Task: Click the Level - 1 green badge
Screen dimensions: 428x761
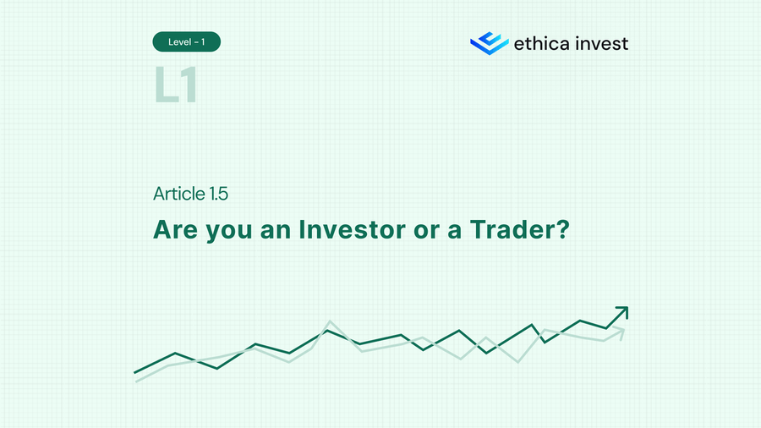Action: pyautogui.click(x=186, y=41)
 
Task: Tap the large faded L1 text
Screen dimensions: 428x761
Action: pyautogui.click(x=176, y=85)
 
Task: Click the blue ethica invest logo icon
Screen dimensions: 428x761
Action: pyautogui.click(x=489, y=42)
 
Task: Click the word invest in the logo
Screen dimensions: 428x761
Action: pyautogui.click(x=599, y=43)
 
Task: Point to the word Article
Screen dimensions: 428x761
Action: pyautogui.click(x=179, y=194)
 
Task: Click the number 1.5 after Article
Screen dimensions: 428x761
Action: pyautogui.click(x=218, y=194)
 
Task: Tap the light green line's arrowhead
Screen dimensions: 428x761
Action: pyautogui.click(x=621, y=332)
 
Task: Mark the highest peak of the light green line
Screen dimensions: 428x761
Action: pyautogui.click(x=329, y=321)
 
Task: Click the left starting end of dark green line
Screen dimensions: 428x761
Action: pyautogui.click(x=135, y=371)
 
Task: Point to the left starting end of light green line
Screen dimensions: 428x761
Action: pyautogui.click(x=137, y=381)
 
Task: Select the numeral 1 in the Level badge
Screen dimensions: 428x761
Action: pyautogui.click(x=203, y=41)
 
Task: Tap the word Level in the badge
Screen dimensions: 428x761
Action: pyautogui.click(x=178, y=41)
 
